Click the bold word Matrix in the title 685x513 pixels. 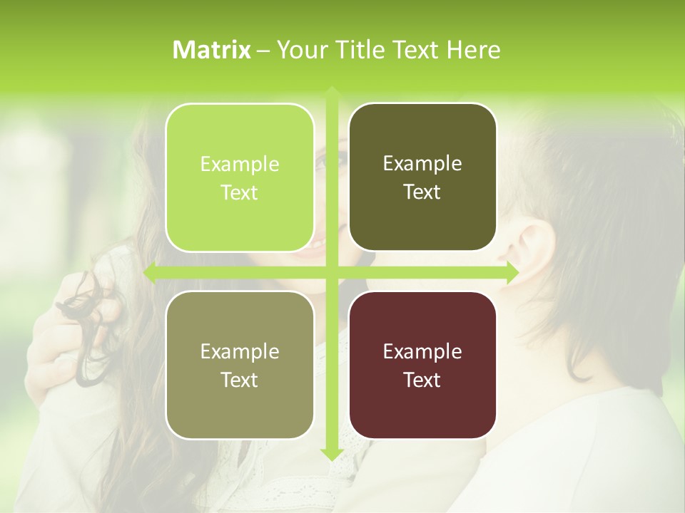tap(212, 50)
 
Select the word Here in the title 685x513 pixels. tap(473, 50)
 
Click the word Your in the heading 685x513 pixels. tap(300, 50)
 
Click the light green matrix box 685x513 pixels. tap(240, 177)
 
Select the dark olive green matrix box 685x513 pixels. tap(422, 177)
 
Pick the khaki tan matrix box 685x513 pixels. tap(240, 365)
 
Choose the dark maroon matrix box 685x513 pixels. tap(422, 365)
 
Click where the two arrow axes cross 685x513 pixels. tap(331, 273)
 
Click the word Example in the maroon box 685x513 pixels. tap(422, 351)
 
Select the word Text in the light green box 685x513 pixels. tap(240, 193)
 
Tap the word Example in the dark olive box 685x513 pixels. tap(422, 164)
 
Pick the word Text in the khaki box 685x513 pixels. tap(240, 380)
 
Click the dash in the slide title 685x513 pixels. tap(263, 51)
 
